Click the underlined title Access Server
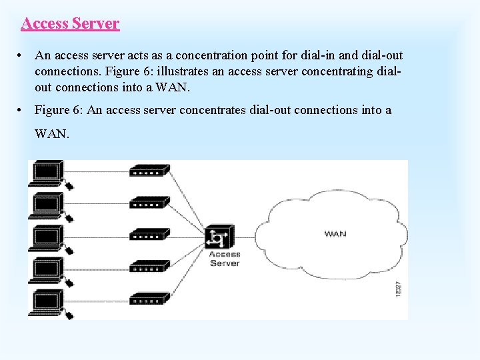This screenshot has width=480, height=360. point(70,23)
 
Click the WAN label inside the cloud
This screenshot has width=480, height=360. point(335,233)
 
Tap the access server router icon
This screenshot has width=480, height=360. point(219,237)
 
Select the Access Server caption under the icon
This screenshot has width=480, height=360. point(225,259)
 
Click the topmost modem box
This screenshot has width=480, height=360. point(149,171)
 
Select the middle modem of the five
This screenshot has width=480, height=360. point(149,235)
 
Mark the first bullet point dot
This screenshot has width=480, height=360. point(22,55)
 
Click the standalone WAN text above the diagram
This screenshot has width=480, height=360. point(51,133)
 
